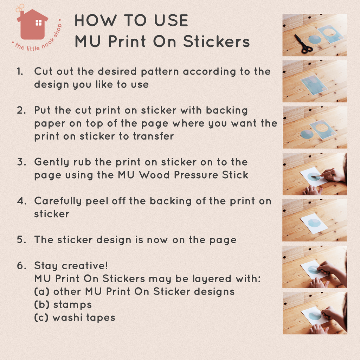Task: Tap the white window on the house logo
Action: coord(39,23)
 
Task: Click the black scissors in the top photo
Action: coord(303,44)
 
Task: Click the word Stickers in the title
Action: coord(217,41)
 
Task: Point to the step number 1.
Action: coord(20,72)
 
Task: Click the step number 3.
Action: coord(21,162)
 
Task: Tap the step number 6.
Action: coord(21,266)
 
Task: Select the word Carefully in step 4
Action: coord(58,201)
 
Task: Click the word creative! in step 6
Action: coord(85,266)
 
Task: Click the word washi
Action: coord(67,317)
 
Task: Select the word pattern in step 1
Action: coord(160,72)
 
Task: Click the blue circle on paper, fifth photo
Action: coord(314,223)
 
